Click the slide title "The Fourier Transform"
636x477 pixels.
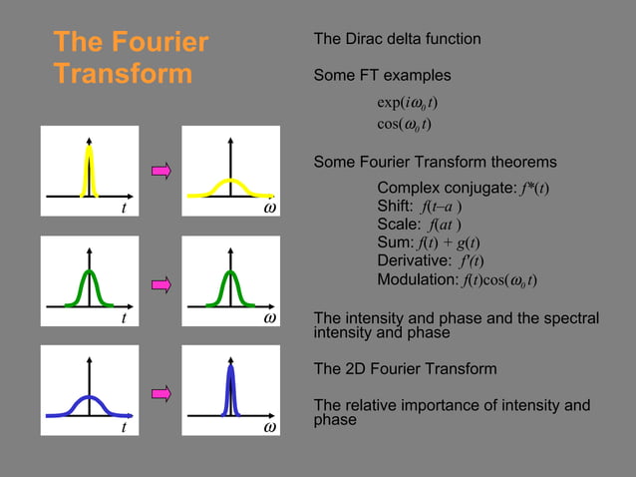[131, 58]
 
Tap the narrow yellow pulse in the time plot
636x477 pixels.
[91, 170]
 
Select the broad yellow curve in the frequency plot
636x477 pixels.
[230, 186]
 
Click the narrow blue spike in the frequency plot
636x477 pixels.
[230, 389]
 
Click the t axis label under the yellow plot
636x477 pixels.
[123, 210]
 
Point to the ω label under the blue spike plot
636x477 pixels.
[269, 428]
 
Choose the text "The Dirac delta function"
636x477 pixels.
[397, 39]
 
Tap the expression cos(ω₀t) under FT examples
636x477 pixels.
[404, 124]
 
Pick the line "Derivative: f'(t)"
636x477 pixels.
[431, 260]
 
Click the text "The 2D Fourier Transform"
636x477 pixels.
[405, 369]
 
